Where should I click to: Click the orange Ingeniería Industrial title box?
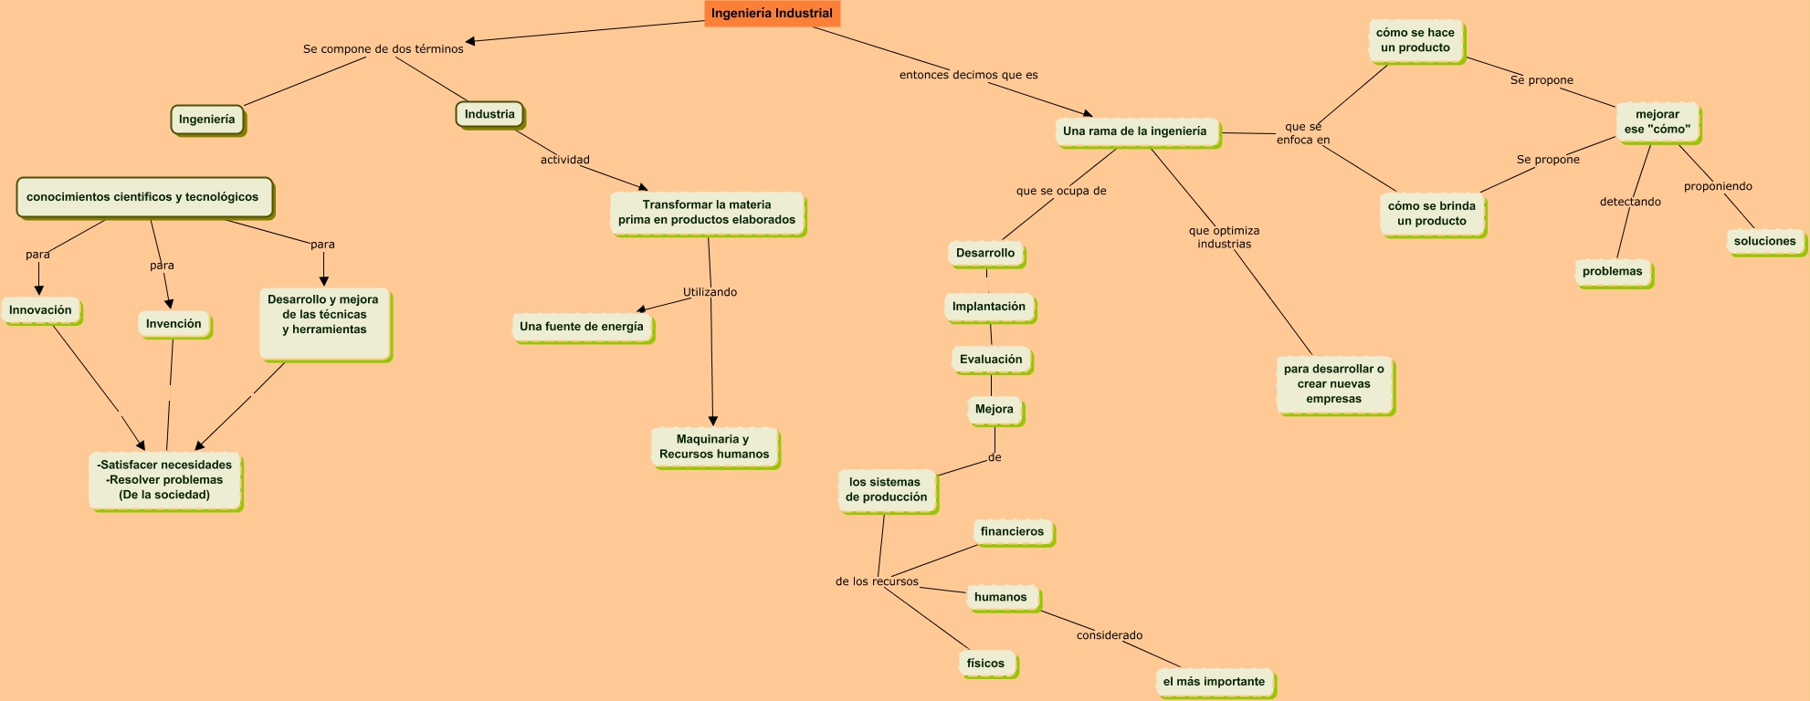point(772,14)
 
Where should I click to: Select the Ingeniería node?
point(207,120)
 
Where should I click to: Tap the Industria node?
point(489,115)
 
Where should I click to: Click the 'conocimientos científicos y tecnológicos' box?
point(143,197)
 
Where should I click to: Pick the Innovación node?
point(41,310)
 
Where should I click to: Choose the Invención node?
point(174,324)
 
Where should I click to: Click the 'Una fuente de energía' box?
point(582,327)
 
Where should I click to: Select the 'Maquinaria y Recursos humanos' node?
point(714,447)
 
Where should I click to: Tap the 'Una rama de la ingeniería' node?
point(1135,131)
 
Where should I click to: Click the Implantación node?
point(989,307)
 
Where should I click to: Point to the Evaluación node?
point(991,360)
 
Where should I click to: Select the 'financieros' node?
point(1012,531)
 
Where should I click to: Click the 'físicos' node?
point(986,664)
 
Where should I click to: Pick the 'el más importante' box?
point(1214,682)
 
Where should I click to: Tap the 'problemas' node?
point(1613,272)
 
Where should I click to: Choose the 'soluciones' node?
point(1765,242)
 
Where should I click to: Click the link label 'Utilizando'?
point(710,292)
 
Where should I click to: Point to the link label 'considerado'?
point(1110,635)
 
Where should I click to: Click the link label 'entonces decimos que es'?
point(969,75)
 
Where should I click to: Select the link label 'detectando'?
point(1630,202)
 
